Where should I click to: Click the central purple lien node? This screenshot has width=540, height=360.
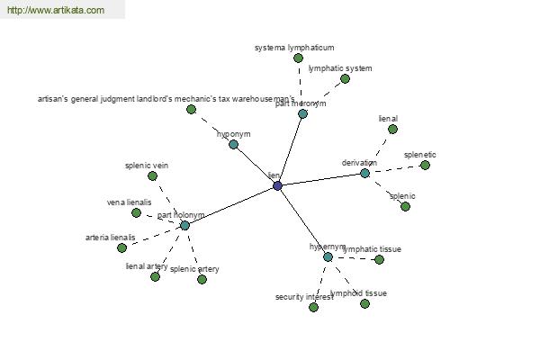click(x=277, y=185)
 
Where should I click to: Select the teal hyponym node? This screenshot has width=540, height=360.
click(x=233, y=144)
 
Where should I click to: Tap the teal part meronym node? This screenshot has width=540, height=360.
click(x=302, y=113)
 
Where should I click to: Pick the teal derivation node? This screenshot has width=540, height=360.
click(x=364, y=173)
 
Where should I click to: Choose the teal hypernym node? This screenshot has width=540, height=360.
click(x=328, y=256)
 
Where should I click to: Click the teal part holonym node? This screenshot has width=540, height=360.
click(x=184, y=225)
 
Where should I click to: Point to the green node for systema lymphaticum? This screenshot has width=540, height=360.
click(x=299, y=58)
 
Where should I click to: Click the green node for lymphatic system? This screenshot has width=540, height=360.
click(x=345, y=78)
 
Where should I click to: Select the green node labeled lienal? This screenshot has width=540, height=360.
click(x=392, y=129)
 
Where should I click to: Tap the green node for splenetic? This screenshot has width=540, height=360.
click(x=425, y=165)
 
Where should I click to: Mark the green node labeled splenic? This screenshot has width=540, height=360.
click(x=405, y=206)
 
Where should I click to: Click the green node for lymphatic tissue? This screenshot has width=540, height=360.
click(x=379, y=259)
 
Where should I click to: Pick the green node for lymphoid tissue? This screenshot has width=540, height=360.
click(x=364, y=303)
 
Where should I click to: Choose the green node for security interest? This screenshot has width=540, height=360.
click(x=313, y=307)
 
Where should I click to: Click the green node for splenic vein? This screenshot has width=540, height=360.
click(x=152, y=175)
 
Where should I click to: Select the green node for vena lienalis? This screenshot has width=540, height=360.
click(x=136, y=212)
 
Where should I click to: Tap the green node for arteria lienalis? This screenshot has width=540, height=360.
click(x=121, y=247)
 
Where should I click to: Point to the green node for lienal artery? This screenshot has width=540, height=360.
click(x=155, y=276)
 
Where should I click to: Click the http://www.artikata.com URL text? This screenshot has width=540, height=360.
click(x=55, y=11)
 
